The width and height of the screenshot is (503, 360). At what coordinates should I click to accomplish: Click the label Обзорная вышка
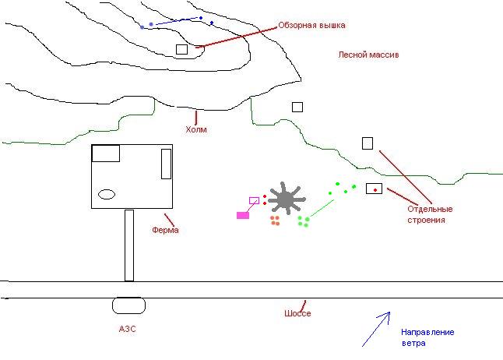[x=311, y=25]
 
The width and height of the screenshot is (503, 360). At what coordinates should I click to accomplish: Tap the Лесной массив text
[x=368, y=55]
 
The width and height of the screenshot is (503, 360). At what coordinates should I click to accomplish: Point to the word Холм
[x=196, y=130]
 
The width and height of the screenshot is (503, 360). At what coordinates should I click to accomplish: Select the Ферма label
[x=166, y=230]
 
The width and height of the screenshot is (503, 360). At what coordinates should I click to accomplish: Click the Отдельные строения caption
[x=430, y=214]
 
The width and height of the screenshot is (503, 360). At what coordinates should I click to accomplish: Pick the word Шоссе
[x=297, y=313]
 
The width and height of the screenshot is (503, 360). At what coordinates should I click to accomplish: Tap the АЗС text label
[x=127, y=330]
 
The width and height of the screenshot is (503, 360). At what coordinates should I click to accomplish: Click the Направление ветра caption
[x=427, y=337]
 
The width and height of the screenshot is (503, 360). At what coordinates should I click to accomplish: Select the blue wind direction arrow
[x=375, y=330]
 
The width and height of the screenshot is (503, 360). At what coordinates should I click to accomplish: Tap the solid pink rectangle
[x=243, y=215]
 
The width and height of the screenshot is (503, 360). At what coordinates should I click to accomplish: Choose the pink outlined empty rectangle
[x=253, y=201]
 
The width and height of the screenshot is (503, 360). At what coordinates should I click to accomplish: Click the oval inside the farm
[x=107, y=194]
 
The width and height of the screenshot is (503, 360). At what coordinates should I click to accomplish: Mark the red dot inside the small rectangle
[x=375, y=189]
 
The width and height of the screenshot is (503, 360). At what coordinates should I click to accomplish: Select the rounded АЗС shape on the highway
[x=128, y=305]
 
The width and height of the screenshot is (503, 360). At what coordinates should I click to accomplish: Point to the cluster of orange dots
[x=275, y=221]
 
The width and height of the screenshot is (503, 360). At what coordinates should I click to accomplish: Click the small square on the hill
[x=181, y=50]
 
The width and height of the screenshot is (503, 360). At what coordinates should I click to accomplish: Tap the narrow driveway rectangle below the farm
[x=129, y=245]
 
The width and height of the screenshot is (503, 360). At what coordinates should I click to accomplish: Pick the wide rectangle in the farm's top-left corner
[x=106, y=153]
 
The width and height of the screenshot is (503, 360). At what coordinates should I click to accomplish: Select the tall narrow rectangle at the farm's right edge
[x=166, y=164]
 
